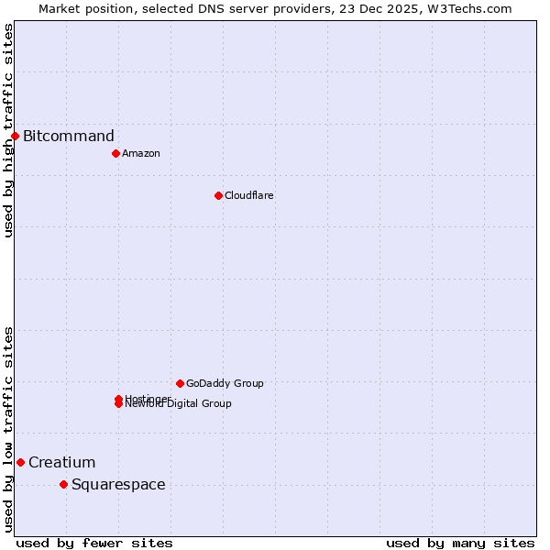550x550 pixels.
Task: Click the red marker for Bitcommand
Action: [x=15, y=136]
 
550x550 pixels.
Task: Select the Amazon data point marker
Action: [x=115, y=153]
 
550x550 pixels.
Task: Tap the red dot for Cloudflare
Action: [x=218, y=195]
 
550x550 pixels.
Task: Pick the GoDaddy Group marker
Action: [x=180, y=383]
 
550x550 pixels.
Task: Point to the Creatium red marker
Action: [x=20, y=462]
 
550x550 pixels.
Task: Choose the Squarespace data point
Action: [x=63, y=484]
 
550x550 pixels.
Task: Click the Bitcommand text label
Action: [x=69, y=137]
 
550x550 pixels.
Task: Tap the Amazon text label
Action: [x=141, y=153]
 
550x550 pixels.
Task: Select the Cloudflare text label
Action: [x=249, y=195]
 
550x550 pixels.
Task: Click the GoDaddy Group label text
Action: [x=225, y=383]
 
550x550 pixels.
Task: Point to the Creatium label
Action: [x=61, y=463]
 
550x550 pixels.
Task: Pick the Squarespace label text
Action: [x=118, y=485]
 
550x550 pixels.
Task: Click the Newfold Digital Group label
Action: [x=179, y=404]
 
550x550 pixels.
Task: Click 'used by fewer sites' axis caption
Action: [x=94, y=543]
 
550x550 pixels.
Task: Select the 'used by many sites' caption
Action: [x=460, y=543]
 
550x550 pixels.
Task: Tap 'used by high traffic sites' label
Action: [x=8, y=130]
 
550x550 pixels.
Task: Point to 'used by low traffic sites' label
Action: [x=8, y=429]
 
